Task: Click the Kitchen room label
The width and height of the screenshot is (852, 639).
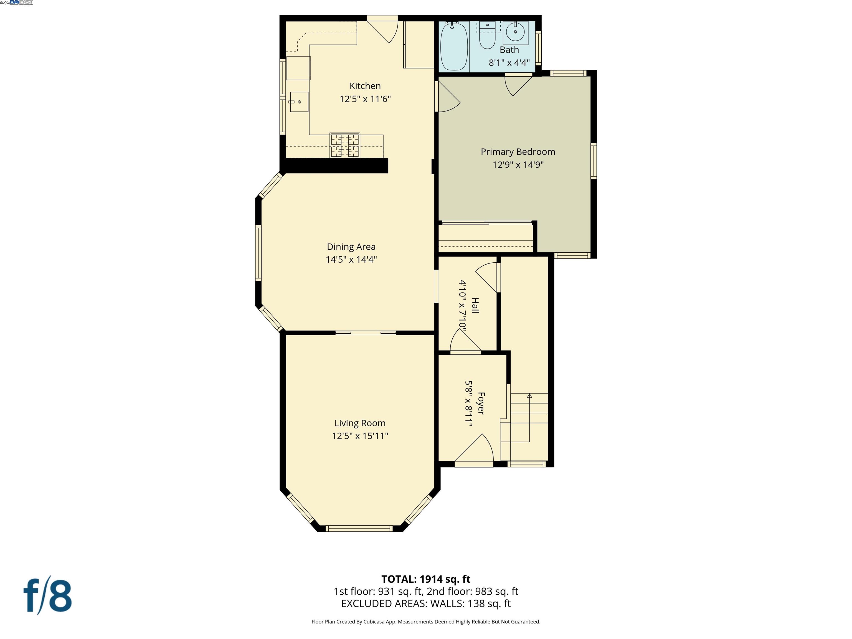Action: click(x=365, y=86)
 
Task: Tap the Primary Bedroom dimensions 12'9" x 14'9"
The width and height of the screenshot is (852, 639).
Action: click(x=518, y=165)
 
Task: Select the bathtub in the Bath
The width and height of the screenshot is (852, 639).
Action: click(x=454, y=47)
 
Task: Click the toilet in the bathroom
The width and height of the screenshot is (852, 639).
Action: click(x=487, y=39)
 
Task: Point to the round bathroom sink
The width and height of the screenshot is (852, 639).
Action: click(x=515, y=32)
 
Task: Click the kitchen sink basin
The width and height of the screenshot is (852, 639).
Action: click(x=299, y=102)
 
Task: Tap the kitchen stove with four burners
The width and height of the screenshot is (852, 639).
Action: click(x=345, y=146)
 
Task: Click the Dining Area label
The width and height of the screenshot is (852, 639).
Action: click(x=351, y=247)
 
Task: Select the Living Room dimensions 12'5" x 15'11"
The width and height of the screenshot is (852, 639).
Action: click(x=360, y=436)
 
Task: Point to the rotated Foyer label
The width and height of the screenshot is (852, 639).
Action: click(x=481, y=403)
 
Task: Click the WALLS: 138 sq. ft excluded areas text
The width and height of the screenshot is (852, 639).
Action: click(x=470, y=603)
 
